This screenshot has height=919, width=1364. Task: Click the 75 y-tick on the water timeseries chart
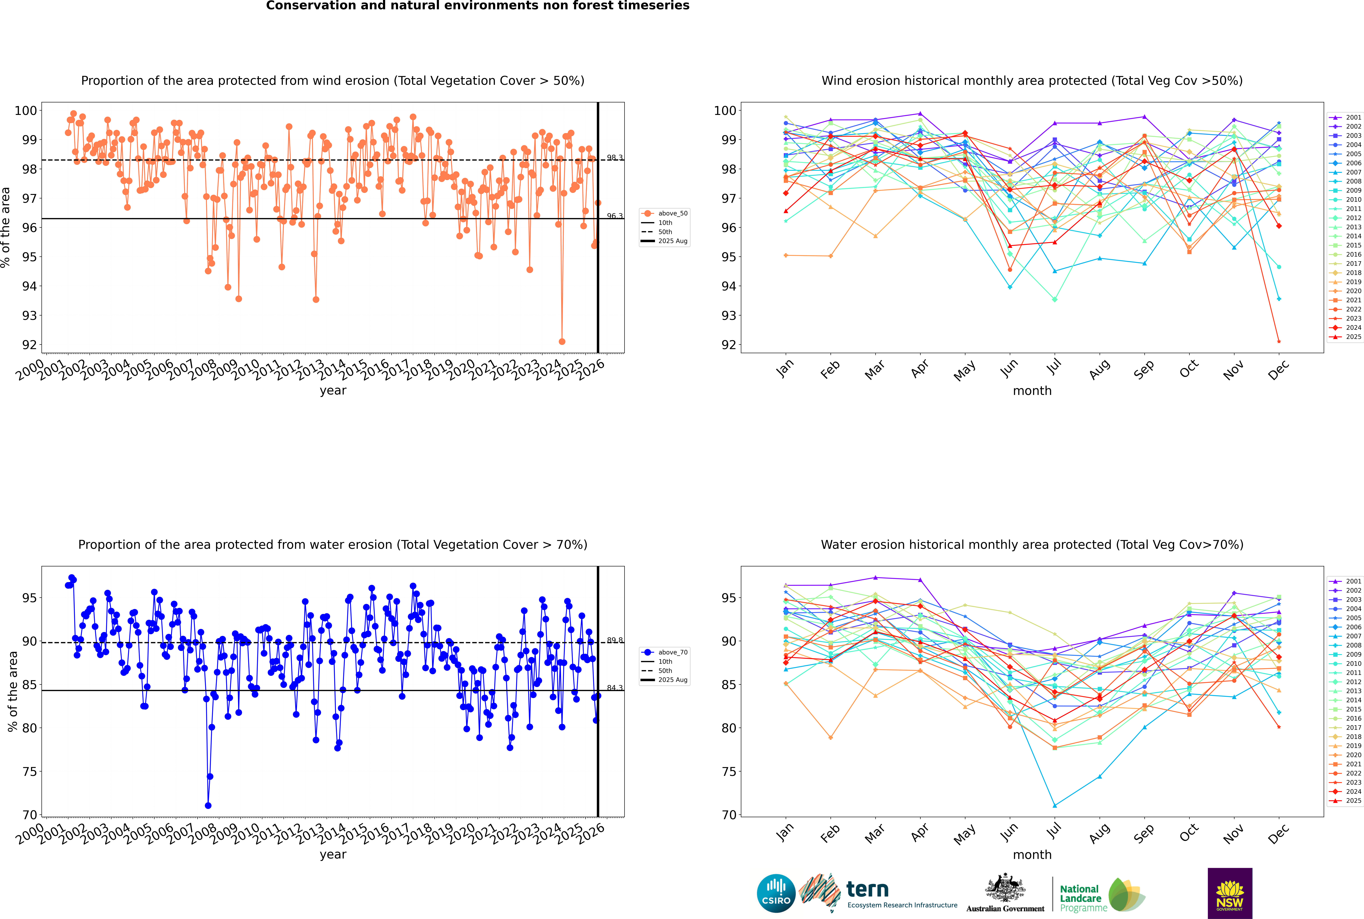click(x=29, y=772)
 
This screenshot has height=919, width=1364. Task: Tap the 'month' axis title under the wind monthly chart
click(x=1032, y=391)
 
